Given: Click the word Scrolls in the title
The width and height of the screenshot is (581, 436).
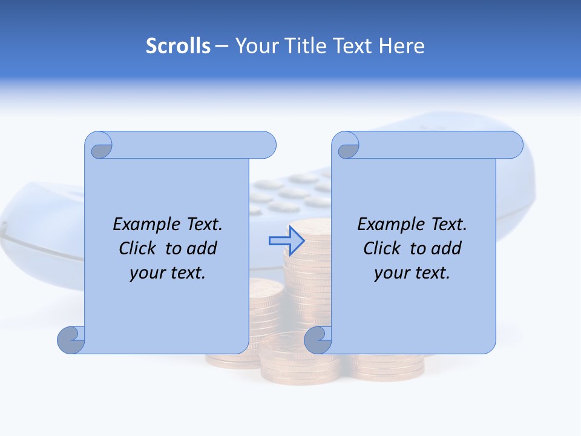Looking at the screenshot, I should (x=179, y=46).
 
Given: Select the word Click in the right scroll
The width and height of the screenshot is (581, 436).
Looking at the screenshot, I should (x=381, y=248).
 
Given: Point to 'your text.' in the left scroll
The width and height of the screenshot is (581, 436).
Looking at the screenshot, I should (x=168, y=272).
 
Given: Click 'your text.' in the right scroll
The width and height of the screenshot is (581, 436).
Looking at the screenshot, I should (x=412, y=272).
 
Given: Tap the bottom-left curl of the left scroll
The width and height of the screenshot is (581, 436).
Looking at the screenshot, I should (x=71, y=340).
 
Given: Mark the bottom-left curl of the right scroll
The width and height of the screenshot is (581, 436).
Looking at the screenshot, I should (x=318, y=340).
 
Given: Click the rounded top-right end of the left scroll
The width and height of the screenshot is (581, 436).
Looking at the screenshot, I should (x=266, y=145).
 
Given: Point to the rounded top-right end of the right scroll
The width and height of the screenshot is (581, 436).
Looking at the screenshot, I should (x=513, y=145).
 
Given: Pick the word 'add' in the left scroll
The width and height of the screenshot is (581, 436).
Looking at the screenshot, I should (x=202, y=248).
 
